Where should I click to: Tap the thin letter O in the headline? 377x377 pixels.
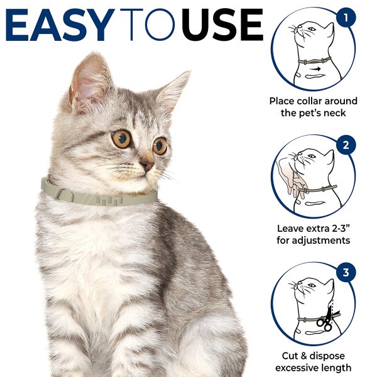click(160, 25)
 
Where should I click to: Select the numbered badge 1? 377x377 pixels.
click(346, 18)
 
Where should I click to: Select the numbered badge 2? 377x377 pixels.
click(346, 145)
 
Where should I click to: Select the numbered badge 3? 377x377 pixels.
click(346, 272)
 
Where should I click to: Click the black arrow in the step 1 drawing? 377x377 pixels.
click(315, 69)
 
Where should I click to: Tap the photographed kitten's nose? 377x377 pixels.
click(147, 166)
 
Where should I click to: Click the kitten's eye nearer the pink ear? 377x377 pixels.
click(121, 139)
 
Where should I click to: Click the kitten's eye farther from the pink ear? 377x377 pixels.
click(160, 146)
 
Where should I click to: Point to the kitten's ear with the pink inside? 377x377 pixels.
click(89, 83)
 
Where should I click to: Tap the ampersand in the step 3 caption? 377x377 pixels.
click(304, 356)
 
